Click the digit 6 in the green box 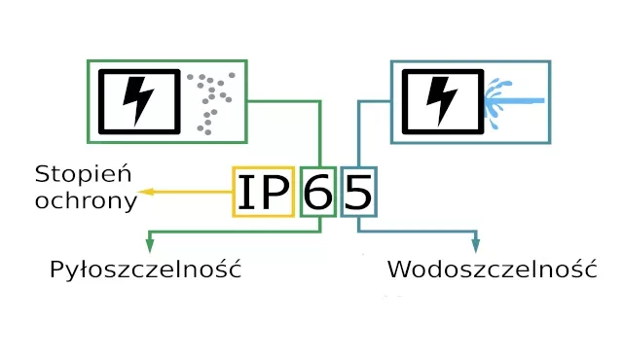318,193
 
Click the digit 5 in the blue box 358,193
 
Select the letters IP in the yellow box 264,193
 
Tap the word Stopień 83,175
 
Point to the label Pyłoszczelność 145,270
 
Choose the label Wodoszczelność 492,270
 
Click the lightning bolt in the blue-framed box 442,101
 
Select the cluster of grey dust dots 210,97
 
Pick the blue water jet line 521,100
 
